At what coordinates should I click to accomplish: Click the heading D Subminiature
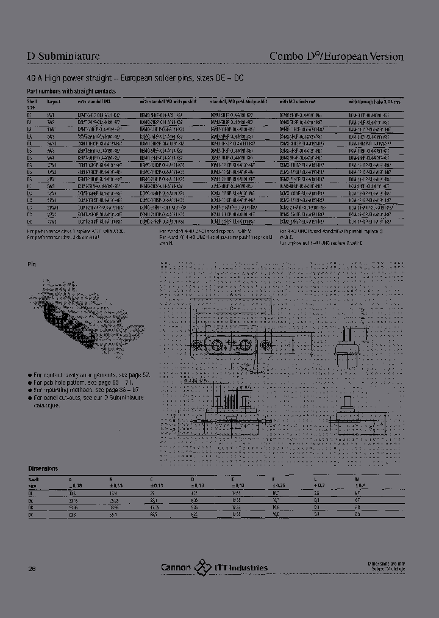[63, 57]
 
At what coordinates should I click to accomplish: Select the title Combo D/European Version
[337, 57]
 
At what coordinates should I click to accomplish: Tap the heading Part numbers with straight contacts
[72, 91]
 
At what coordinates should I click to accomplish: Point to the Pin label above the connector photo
[32, 264]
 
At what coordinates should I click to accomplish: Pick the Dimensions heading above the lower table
[43, 468]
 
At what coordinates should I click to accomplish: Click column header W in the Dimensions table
[357, 479]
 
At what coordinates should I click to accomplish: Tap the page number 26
[32, 569]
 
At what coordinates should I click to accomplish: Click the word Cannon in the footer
[176, 567]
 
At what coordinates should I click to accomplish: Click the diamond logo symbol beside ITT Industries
[202, 567]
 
